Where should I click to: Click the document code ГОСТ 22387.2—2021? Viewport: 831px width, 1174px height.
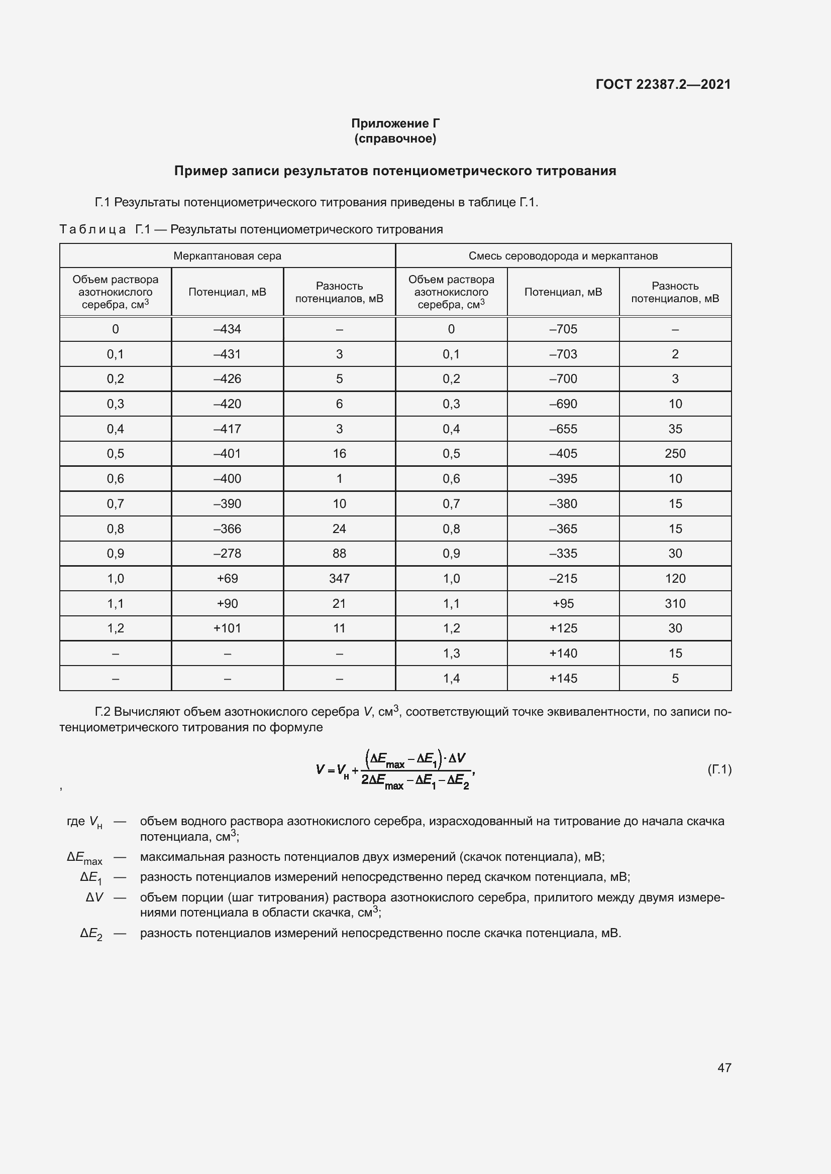(663, 84)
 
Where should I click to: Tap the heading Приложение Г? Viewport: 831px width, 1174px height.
(395, 123)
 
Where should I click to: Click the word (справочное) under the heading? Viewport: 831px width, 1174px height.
(395, 139)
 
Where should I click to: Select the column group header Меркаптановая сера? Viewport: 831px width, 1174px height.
(227, 255)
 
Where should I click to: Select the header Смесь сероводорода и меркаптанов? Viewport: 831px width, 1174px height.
(563, 255)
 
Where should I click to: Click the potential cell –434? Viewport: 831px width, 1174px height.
(227, 329)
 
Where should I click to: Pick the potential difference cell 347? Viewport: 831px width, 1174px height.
(339, 578)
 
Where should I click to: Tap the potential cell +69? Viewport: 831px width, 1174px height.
(227, 578)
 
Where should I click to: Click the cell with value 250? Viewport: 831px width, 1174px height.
(675, 454)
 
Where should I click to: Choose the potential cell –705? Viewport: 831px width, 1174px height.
(563, 329)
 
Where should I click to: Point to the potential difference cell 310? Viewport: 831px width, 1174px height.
(675, 603)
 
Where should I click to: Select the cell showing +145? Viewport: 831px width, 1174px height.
(563, 678)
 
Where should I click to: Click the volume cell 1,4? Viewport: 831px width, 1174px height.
(451, 678)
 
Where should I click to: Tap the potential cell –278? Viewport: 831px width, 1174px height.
(227, 553)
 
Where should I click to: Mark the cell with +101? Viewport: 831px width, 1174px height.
(227, 628)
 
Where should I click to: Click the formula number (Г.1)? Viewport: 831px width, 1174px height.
(719, 769)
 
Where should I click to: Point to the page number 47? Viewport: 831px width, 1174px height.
(724, 1068)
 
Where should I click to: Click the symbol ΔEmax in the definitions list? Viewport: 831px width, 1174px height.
(84, 857)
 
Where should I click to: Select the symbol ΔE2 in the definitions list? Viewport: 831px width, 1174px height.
(91, 934)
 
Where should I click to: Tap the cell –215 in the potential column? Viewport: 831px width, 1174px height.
(563, 578)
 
